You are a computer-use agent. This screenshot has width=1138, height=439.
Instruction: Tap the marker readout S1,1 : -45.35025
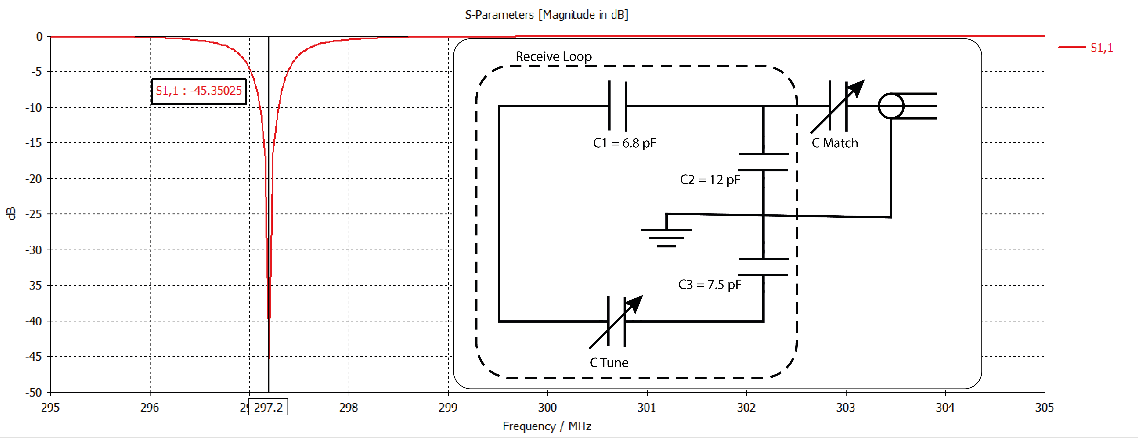[x=199, y=91]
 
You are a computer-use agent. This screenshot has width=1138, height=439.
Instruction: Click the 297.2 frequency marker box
[x=268, y=407]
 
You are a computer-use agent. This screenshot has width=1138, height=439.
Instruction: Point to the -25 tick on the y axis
[x=34, y=214]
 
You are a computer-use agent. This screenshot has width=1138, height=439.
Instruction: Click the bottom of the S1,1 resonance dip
[x=269, y=357]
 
